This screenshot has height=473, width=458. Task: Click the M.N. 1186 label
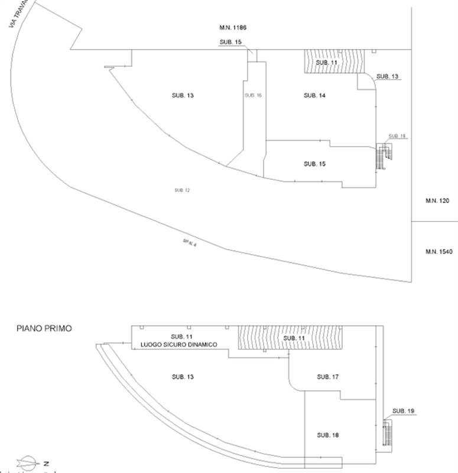[x=232, y=28]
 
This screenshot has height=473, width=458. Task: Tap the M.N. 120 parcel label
[x=437, y=201]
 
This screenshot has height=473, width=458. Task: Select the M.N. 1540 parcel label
[x=438, y=252]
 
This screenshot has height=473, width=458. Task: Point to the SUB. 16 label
[x=253, y=95]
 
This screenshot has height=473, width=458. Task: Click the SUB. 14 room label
[x=314, y=95]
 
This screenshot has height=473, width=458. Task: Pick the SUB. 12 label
[x=182, y=190]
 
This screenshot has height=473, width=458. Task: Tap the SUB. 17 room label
[x=327, y=377]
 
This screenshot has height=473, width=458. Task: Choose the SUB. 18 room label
[x=327, y=435]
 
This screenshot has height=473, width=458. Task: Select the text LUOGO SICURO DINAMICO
[x=178, y=345]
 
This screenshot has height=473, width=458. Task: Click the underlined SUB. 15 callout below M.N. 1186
[x=230, y=42]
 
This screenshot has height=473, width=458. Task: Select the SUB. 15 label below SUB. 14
[x=314, y=164]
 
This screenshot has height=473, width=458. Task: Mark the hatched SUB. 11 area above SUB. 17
[x=290, y=338]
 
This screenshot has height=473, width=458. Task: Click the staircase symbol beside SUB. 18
[x=388, y=435]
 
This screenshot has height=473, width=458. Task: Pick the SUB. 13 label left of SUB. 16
[x=182, y=95]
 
